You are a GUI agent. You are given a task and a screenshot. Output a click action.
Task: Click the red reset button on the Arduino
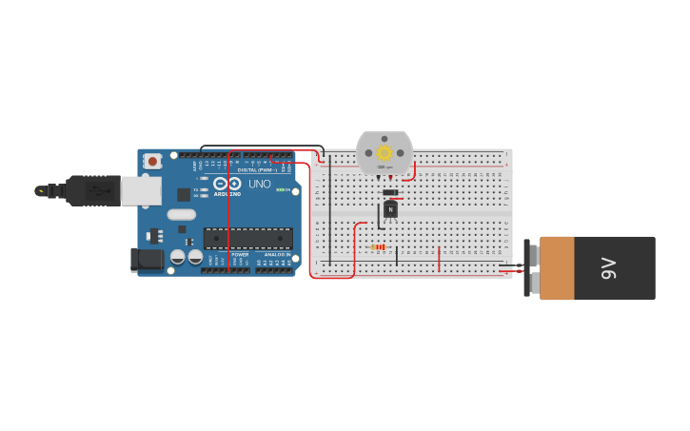pyautogui.click(x=153, y=162)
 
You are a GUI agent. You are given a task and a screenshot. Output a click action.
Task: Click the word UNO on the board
pyautogui.click(x=260, y=184)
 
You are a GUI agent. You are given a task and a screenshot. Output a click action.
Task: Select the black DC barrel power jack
pyautogui.click(x=146, y=258)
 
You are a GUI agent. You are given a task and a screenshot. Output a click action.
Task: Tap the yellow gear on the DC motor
pyautogui.click(x=384, y=152)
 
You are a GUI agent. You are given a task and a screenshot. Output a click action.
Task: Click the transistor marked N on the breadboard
pyautogui.click(x=390, y=210)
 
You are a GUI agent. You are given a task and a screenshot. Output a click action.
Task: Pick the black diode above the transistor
pyautogui.click(x=390, y=192)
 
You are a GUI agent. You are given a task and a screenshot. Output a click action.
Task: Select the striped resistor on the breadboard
pyautogui.click(x=379, y=247)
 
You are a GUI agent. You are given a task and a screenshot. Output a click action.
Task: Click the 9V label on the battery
pyautogui.click(x=609, y=269)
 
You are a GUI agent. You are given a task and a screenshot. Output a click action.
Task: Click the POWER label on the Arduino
pyautogui.click(x=240, y=255)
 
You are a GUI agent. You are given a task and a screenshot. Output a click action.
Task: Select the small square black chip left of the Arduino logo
pyautogui.click(x=184, y=194)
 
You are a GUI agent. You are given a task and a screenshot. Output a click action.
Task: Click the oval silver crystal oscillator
pyautogui.click(x=181, y=215)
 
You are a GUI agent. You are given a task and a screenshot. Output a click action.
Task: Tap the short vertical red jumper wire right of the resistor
pyautogui.click(x=439, y=258)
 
